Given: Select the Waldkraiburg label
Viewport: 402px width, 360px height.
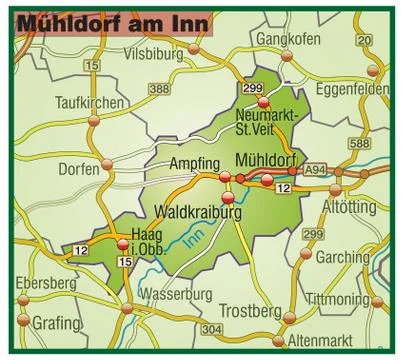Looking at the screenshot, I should pyautogui.click(x=200, y=212).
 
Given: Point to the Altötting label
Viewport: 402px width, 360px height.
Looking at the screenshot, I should pyautogui.click(x=351, y=207).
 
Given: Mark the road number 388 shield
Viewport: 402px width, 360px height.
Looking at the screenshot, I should pyautogui.click(x=160, y=90).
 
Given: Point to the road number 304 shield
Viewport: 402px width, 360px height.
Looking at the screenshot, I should pyautogui.click(x=211, y=329).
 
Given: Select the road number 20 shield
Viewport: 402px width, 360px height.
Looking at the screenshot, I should pyautogui.click(x=364, y=41).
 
